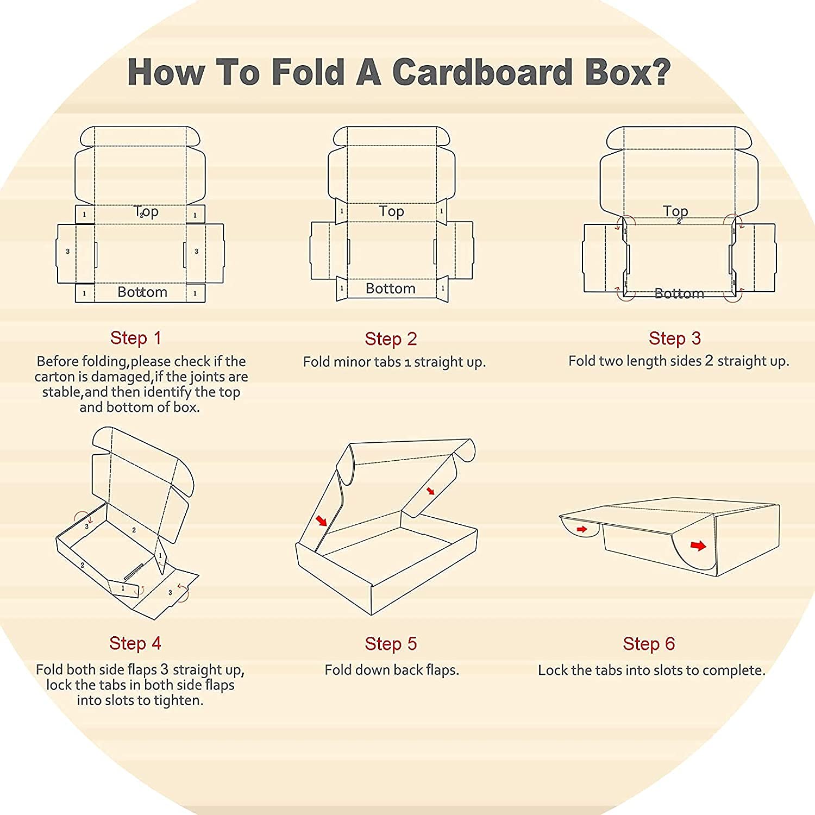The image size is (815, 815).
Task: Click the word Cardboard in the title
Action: [482, 72]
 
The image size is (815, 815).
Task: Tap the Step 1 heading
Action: [136, 338]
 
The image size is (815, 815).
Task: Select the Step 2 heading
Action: [391, 339]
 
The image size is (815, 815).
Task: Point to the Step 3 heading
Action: [675, 338]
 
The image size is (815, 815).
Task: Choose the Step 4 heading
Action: [135, 643]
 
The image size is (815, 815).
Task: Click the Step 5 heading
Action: [391, 644]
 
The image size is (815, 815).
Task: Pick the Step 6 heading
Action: [649, 644]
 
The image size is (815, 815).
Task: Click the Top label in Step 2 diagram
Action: [391, 211]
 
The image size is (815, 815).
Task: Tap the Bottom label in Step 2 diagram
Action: [391, 289]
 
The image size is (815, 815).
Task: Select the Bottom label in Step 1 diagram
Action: [142, 292]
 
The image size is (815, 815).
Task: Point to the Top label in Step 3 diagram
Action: [675, 211]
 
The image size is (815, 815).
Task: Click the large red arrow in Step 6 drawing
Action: [698, 546]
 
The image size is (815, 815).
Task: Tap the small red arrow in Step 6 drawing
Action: [582, 529]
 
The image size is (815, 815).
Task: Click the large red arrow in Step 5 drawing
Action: [322, 521]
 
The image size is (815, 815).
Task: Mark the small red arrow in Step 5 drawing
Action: [431, 491]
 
